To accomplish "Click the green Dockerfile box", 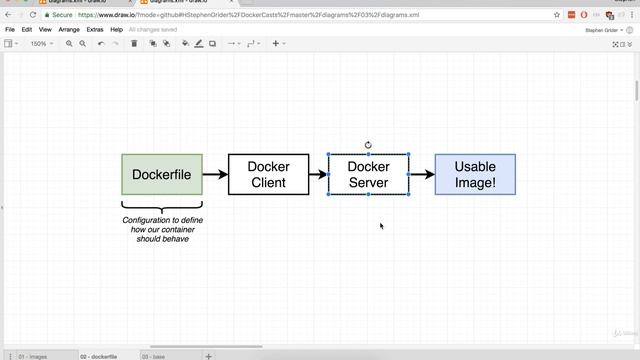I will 162,174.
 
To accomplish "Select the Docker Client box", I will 268,174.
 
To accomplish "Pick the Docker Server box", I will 368,174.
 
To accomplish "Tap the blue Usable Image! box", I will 475,174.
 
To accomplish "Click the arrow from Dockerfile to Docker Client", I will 215,174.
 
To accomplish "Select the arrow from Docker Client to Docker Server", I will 318,174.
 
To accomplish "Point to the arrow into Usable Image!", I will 422,174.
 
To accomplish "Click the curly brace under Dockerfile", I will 162,207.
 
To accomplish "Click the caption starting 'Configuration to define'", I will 161,229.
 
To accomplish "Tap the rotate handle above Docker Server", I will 368,145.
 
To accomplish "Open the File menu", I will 10,30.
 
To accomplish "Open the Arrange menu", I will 69,30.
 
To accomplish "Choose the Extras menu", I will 95,30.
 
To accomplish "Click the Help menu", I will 116,30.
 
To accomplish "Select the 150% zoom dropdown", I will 41,44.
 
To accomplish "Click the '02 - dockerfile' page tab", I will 99,356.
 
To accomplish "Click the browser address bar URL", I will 260,15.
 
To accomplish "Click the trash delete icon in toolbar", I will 134,44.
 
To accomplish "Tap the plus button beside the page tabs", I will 208,356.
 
